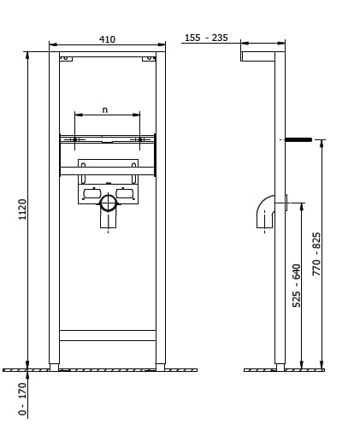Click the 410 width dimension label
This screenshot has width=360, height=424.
point(107,39)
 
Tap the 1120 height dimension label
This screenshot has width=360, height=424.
point(22,209)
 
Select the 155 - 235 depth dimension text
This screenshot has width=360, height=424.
point(206,38)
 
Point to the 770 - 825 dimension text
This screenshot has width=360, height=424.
point(316,254)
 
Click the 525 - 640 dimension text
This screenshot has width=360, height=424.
point(297,286)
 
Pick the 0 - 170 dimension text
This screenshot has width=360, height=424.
point(22,399)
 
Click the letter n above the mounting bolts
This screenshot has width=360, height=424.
point(105,109)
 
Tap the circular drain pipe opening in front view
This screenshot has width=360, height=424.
point(108,203)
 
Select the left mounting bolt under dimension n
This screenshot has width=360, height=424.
point(74,139)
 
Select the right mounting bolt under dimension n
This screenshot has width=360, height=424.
point(140,139)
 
